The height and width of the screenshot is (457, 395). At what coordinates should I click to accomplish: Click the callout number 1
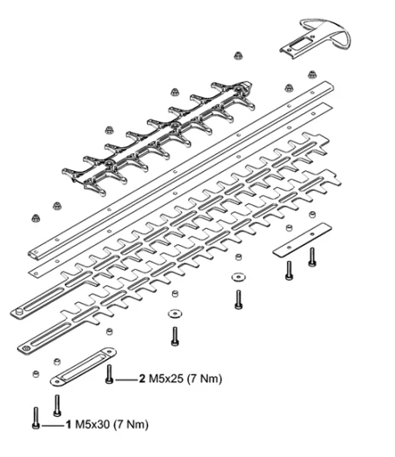point(69,425)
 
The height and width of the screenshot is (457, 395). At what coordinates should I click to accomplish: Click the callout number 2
point(142,379)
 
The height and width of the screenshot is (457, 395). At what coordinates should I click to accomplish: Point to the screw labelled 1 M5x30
point(36,418)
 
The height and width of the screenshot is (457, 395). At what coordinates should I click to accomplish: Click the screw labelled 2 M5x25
point(109,374)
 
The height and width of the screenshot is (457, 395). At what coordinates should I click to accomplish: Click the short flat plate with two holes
point(301,240)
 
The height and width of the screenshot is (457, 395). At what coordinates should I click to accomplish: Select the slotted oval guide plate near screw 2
point(83,366)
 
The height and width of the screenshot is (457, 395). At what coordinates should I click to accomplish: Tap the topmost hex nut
point(238,55)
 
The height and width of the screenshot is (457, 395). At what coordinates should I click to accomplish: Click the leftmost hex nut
point(36,218)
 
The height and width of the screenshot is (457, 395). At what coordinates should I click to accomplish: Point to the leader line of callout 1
point(53,426)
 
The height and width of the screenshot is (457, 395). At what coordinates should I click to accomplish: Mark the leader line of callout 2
point(126,380)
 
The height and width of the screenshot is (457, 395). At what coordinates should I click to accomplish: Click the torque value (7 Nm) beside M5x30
point(130,425)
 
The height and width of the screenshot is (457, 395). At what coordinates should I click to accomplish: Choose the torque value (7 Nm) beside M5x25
point(204,379)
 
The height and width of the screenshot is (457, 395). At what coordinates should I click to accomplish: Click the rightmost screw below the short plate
point(312,257)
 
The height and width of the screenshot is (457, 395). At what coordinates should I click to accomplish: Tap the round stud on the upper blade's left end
point(19,311)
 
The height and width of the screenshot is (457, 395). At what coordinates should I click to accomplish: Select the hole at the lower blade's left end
point(26,348)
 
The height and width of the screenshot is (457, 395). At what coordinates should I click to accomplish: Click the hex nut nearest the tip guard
point(312,74)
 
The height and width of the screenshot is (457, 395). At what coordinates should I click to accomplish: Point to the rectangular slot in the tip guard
point(299,44)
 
